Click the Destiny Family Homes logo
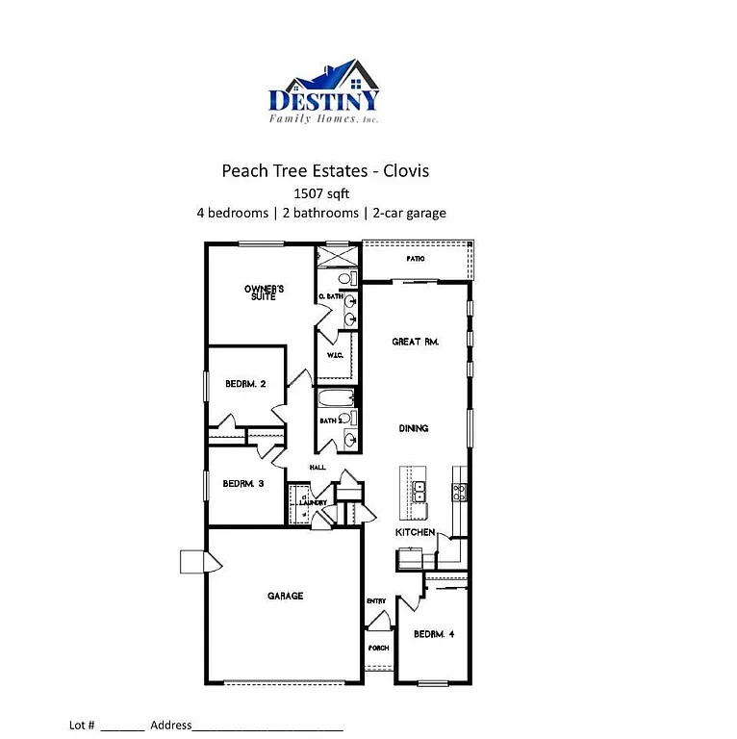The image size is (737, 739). (324, 92)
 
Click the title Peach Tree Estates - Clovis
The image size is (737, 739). (325, 171)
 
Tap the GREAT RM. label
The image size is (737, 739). (415, 342)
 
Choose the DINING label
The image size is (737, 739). (414, 428)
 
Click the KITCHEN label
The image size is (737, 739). (415, 532)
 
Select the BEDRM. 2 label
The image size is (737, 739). (245, 383)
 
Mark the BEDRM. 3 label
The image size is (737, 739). (243, 483)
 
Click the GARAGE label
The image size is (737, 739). (285, 596)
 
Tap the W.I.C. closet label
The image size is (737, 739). (336, 355)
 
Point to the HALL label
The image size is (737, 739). (317, 468)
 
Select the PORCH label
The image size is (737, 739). (378, 648)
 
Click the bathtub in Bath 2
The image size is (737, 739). (337, 397)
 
